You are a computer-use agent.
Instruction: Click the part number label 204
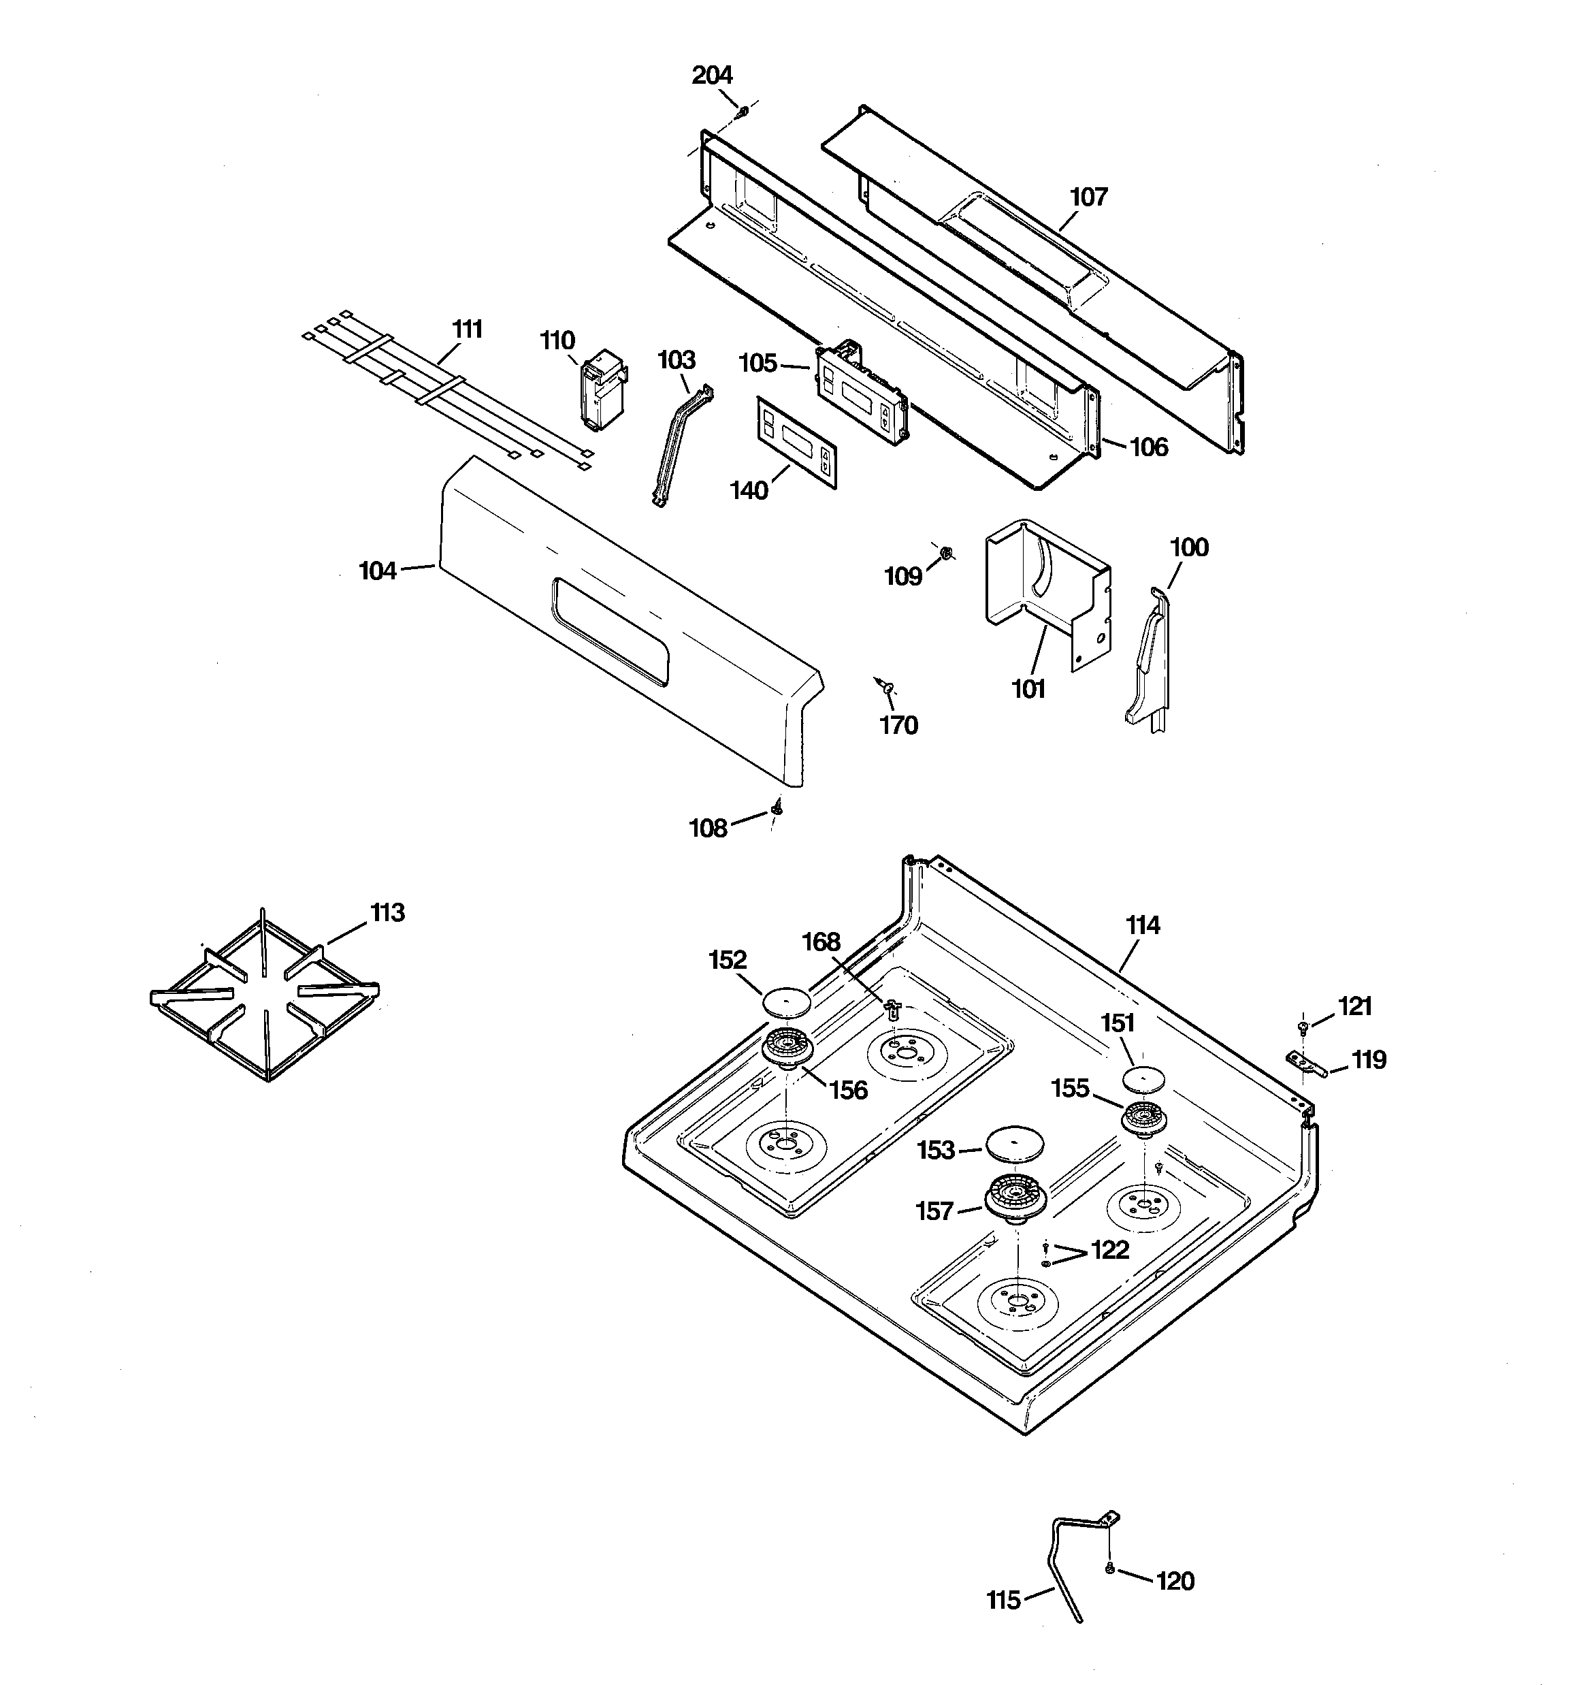tap(711, 76)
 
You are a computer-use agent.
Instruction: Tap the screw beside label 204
tap(743, 110)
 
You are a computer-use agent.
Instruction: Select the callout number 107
tap(1088, 197)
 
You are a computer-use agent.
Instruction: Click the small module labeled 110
tap(602, 391)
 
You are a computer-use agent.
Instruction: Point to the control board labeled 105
tap(861, 391)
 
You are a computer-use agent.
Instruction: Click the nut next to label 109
tap(947, 553)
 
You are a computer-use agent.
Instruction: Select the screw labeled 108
tap(777, 809)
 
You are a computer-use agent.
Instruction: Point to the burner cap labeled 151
tap(1143, 1079)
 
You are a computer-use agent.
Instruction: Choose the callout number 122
tap(1110, 1249)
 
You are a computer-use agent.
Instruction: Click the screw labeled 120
tap(1109, 1570)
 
